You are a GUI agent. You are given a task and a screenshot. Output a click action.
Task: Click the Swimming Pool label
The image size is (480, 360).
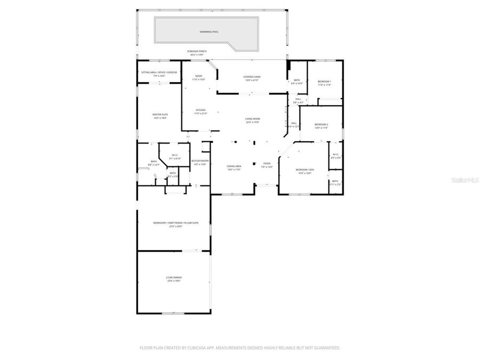tap(209, 32)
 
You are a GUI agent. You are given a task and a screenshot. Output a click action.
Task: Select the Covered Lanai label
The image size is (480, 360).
tap(252, 77)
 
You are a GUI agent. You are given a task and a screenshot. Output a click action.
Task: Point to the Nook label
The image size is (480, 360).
tap(198, 76)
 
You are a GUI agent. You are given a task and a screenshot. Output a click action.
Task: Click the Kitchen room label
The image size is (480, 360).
tap(199, 111)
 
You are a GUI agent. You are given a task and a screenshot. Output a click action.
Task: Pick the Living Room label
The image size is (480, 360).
tap(252, 119)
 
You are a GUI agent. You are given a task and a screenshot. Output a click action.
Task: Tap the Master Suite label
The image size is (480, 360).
tap(160, 115)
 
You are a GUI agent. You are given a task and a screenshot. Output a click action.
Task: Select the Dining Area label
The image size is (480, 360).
tap(234, 166)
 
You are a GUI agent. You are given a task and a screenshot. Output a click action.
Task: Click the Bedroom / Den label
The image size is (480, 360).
tap(305, 170)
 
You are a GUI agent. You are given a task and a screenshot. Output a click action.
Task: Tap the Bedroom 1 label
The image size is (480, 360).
tap(324, 82)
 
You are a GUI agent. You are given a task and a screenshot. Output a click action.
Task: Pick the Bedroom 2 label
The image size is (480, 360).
tap(321, 124)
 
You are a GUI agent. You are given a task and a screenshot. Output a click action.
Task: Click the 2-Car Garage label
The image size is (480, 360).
tap(174, 278)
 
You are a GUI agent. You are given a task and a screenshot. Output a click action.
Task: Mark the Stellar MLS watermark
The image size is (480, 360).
tap(465, 181)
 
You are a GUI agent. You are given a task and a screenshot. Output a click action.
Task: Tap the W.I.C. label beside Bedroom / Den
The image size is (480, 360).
tap(335, 155)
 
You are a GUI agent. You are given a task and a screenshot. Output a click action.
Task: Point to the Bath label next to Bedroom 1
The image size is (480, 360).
tap(297, 81)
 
